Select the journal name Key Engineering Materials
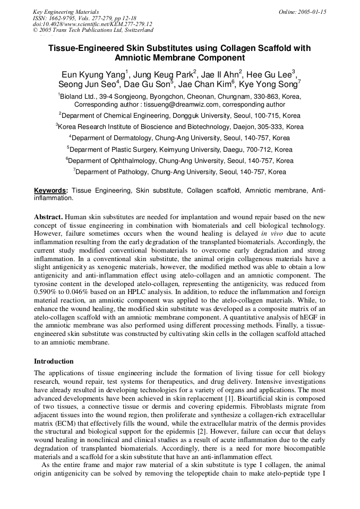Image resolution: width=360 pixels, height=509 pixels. click(x=66, y=12)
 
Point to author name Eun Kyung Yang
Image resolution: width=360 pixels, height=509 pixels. click(x=92, y=74)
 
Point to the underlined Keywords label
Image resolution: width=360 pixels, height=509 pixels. click(x=51, y=190)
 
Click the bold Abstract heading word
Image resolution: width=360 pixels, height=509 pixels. click(x=49, y=218)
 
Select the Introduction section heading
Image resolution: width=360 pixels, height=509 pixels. click(x=54, y=361)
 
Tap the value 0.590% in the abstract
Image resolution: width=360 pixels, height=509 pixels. click(x=46, y=292)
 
